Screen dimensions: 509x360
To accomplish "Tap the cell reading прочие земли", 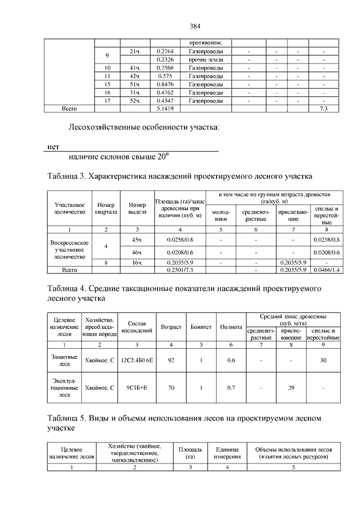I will tap(206, 60).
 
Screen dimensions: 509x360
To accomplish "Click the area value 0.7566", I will tap(165, 67).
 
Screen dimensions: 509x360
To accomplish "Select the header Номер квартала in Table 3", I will tap(106, 209).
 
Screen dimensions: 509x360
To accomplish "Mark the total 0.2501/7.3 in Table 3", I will tap(180, 270).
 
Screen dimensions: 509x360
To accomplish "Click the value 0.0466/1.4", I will tap(326, 270).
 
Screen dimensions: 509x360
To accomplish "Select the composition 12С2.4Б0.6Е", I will tap(137, 360).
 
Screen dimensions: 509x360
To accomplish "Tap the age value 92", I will tap(171, 360).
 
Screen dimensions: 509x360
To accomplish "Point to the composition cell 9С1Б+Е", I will tap(137, 388).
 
